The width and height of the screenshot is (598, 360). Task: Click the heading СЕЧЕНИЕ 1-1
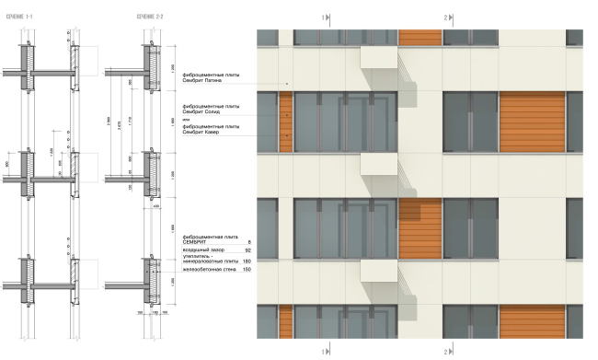(20, 17)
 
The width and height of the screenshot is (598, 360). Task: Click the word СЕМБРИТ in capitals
(199, 241)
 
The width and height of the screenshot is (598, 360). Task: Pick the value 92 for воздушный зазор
(247, 250)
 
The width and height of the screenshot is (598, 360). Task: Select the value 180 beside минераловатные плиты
(247, 261)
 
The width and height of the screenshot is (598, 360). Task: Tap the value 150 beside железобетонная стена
(247, 270)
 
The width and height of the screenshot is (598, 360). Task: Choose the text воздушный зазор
(204, 250)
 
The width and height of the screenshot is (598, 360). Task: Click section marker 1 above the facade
(323, 17)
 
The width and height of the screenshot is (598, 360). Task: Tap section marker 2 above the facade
(445, 17)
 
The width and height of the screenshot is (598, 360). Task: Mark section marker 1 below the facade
(323, 352)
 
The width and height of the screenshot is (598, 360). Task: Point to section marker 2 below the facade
(445, 352)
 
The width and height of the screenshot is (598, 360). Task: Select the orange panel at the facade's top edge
(420, 38)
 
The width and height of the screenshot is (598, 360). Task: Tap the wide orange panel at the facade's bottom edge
(531, 318)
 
